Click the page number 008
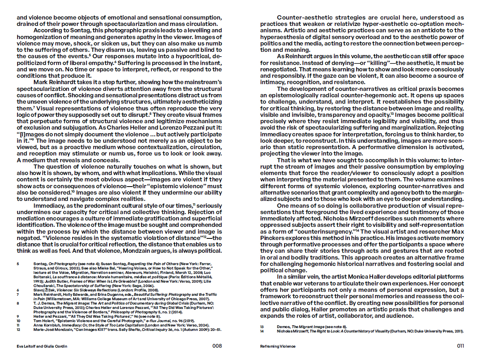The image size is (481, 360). (x=217, y=346)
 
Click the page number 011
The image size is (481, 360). (x=460, y=346)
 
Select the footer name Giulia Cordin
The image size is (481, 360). (x=56, y=346)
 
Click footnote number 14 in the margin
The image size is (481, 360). (x=262, y=331)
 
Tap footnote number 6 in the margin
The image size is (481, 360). (x=18, y=290)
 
